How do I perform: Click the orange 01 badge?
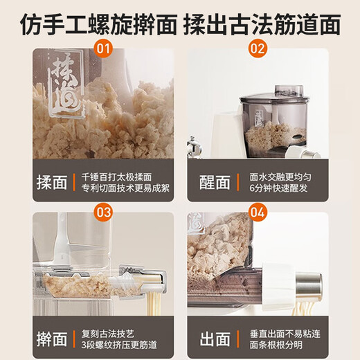pos(103,49)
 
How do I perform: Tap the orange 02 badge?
pos(257,49)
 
